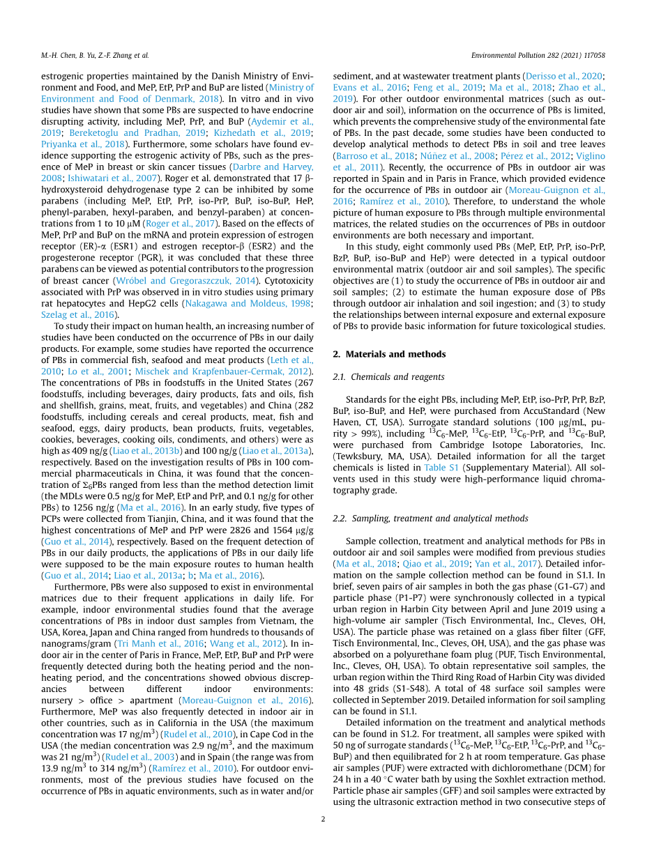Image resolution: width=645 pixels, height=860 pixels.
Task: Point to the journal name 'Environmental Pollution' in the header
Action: click(512, 55)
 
